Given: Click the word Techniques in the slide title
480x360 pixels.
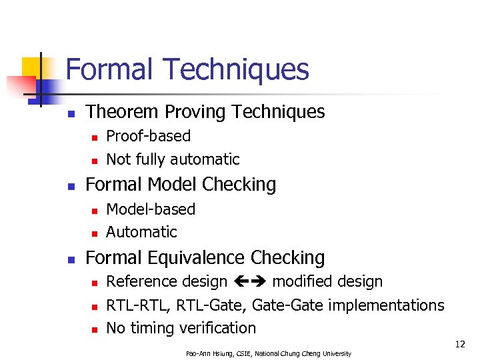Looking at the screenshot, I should tap(237, 69).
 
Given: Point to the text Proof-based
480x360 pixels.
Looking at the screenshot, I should tap(148, 136).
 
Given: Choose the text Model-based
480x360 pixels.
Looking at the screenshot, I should tap(151, 209).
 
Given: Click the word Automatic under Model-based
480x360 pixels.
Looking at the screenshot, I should tap(141, 232).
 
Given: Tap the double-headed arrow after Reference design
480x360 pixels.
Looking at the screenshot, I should tap(250, 282).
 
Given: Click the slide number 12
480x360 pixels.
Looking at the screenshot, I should tap(460, 344).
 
